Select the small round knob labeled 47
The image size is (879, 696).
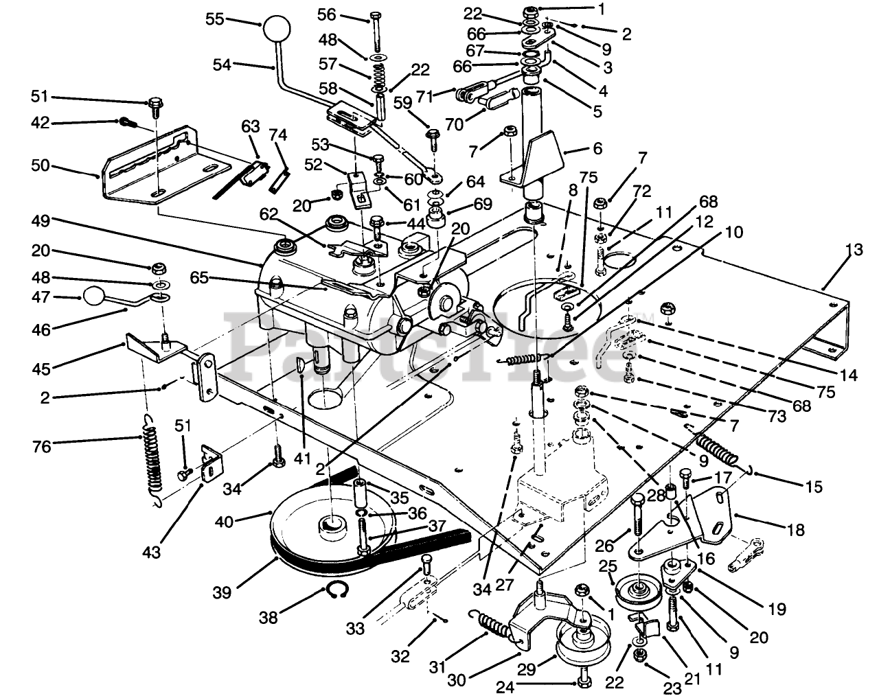pyautogui.click(x=95, y=297)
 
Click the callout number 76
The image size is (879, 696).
pyautogui.click(x=42, y=446)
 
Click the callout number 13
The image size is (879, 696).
pyautogui.click(x=853, y=249)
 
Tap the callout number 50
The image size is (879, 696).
pyautogui.click(x=41, y=165)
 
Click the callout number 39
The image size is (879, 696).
pyautogui.click(x=222, y=592)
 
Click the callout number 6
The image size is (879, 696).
pyautogui.click(x=597, y=148)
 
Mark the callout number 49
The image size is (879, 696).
pyautogui.click(x=41, y=221)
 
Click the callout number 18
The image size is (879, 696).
pyautogui.click(x=795, y=530)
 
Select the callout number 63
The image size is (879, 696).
pyautogui.click(x=251, y=126)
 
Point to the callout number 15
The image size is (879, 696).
pyautogui.click(x=814, y=487)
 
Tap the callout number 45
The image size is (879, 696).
pyautogui.click(x=41, y=369)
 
